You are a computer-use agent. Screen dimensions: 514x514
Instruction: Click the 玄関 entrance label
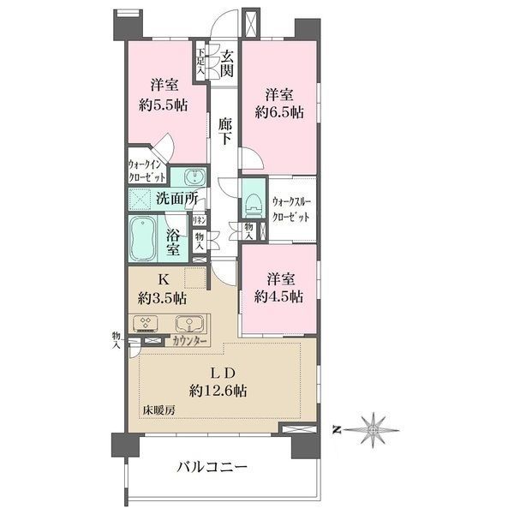[227, 65]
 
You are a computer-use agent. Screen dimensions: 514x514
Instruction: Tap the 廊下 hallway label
[224, 131]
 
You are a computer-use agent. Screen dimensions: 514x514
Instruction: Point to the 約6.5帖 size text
[280, 111]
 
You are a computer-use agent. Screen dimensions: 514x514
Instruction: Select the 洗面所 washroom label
[176, 198]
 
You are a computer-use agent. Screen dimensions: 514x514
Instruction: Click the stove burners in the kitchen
[145, 324]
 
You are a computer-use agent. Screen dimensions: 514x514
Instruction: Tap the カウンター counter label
[190, 341]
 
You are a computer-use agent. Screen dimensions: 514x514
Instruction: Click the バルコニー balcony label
[212, 468]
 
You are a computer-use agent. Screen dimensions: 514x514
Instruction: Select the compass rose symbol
[374, 425]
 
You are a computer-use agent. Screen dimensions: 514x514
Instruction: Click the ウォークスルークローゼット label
[292, 209]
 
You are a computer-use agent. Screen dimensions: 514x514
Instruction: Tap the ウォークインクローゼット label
[147, 167]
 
